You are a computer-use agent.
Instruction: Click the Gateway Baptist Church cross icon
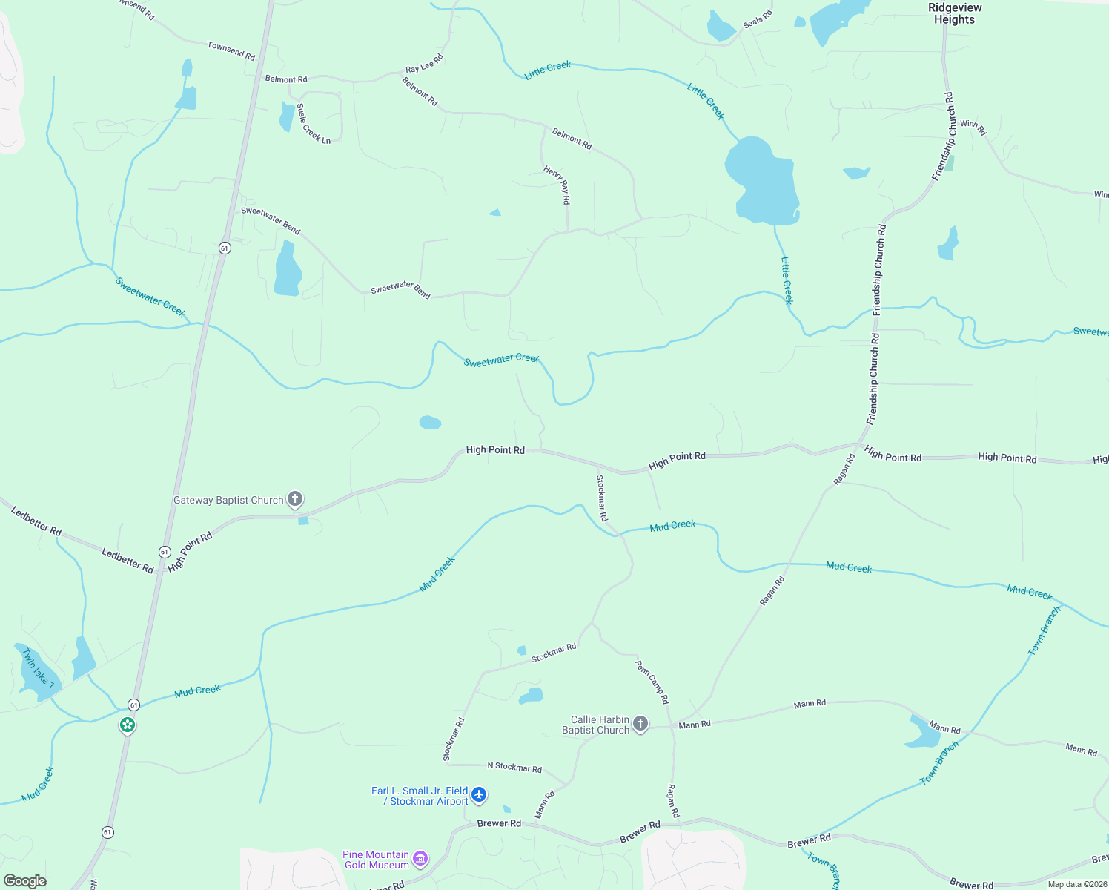[x=295, y=499]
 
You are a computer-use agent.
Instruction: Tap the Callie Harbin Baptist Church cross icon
[x=640, y=724]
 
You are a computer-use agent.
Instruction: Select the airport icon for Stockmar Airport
[x=479, y=795]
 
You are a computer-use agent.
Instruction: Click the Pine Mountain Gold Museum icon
[x=420, y=859]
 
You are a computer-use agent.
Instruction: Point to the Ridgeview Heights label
[x=955, y=13]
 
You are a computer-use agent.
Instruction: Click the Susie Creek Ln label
[x=314, y=123]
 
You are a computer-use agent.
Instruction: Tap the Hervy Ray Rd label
[x=557, y=184]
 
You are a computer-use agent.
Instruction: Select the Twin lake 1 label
[x=39, y=668]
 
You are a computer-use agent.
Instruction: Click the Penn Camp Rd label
[x=652, y=682]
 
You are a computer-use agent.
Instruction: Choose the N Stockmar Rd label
[x=514, y=767]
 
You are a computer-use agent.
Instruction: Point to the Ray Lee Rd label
[x=424, y=63]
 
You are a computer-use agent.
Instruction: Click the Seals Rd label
[x=758, y=19]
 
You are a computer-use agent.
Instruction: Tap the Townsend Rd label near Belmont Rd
[x=231, y=51]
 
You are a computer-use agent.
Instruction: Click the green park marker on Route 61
[x=128, y=725]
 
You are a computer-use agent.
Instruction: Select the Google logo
[x=25, y=881]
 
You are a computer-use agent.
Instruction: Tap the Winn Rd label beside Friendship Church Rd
[x=973, y=128]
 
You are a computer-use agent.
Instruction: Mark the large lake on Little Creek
[x=764, y=182]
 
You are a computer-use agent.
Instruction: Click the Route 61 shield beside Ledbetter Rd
[x=165, y=552]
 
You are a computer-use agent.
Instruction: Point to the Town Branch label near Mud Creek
[x=1044, y=630]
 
